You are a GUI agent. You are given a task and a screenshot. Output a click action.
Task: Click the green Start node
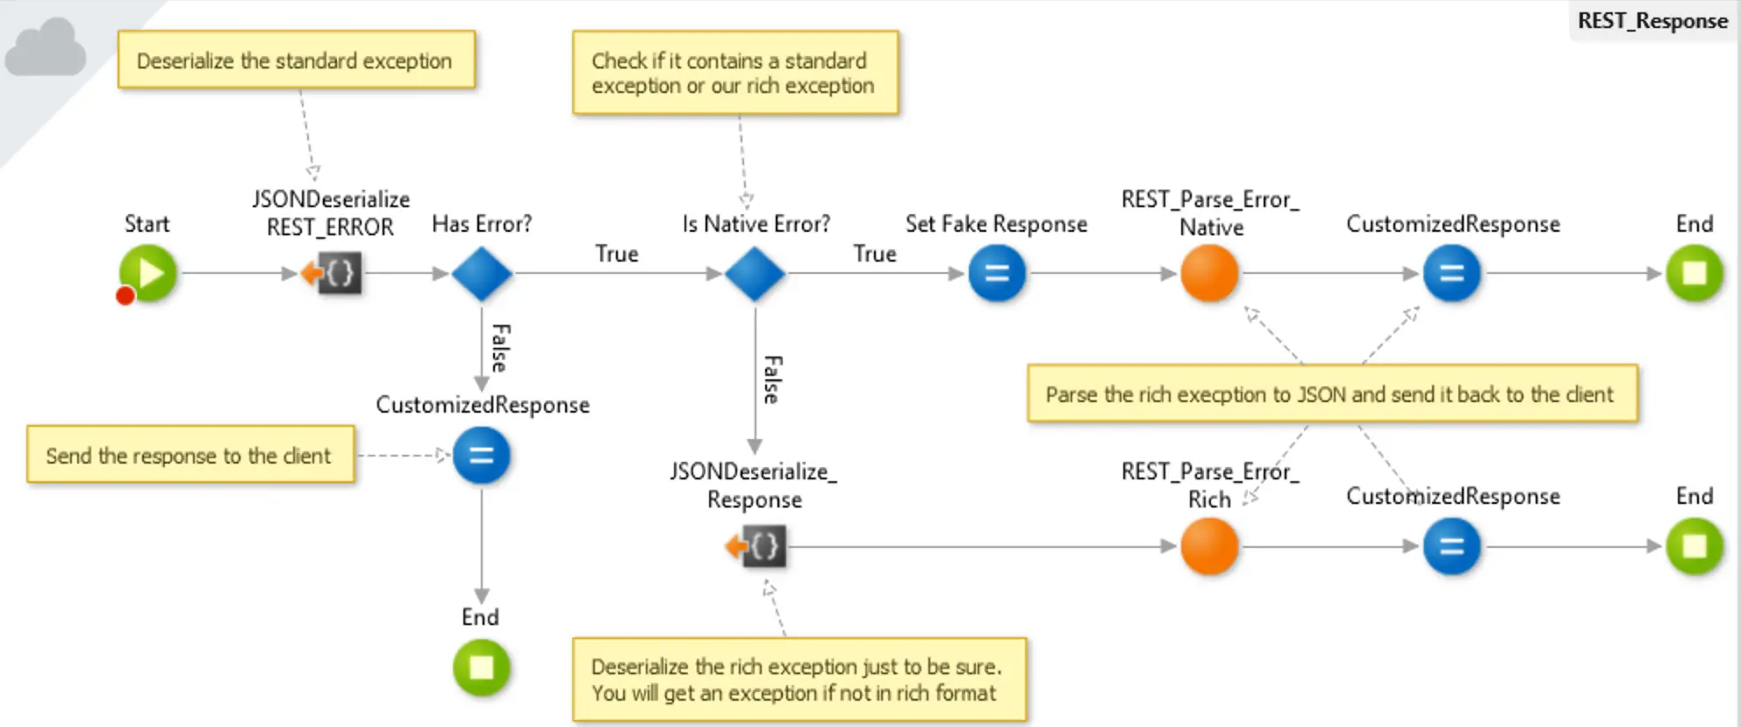coord(148,273)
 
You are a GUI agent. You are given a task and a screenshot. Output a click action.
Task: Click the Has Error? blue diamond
coord(482,273)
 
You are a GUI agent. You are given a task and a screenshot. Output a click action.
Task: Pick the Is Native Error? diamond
coord(755,273)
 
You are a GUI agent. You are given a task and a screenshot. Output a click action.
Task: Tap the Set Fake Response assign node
coord(997,273)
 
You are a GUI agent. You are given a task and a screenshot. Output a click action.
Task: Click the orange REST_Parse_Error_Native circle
coord(1209,273)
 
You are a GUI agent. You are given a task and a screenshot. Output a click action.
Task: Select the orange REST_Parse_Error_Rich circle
coord(1209,546)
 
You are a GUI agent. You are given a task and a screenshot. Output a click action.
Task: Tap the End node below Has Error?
coord(481,667)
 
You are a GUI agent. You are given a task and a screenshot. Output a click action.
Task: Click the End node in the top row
coord(1694,273)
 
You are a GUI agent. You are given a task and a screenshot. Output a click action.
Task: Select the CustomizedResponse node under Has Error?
coord(481,455)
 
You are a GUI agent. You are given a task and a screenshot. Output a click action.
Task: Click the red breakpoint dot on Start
coord(125,296)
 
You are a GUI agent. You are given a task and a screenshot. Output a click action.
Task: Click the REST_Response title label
coord(1651,20)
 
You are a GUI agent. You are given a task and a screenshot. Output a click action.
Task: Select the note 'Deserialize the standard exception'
coord(296,61)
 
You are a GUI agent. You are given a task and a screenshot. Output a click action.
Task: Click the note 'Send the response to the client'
coord(190,455)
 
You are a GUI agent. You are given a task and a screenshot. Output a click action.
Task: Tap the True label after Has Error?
coord(616,254)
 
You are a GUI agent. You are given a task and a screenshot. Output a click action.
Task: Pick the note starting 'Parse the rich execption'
coord(1330,394)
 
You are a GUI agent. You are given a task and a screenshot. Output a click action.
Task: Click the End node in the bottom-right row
coord(1694,546)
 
